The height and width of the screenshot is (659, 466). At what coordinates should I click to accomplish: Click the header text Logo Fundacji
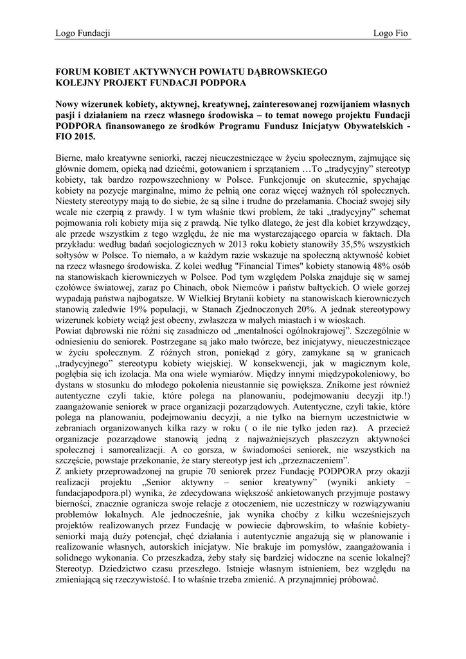tap(83, 33)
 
